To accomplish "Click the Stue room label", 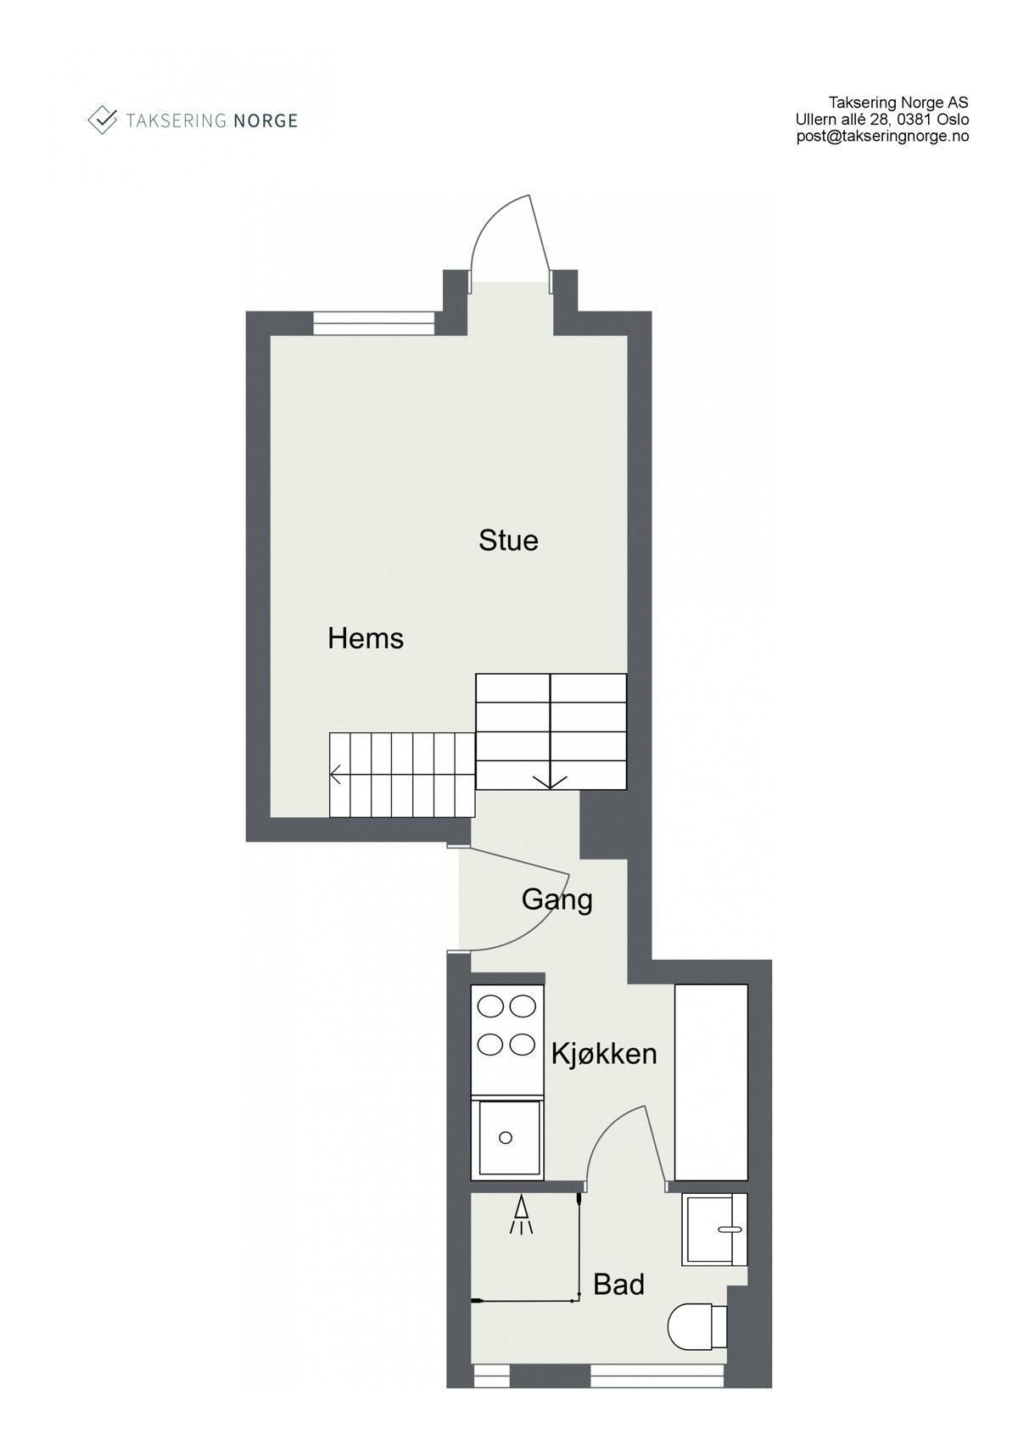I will click(x=508, y=541).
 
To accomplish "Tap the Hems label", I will click(x=366, y=638).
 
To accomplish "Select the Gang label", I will click(x=557, y=899).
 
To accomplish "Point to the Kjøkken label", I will click(x=604, y=1054).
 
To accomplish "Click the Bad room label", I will click(x=618, y=1285).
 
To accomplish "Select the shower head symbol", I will click(x=521, y=1216).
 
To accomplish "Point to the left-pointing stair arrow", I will click(x=337, y=774).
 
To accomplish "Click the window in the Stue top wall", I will click(x=373, y=323).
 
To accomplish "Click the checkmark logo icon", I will click(x=103, y=120).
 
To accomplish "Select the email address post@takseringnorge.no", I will click(x=882, y=136).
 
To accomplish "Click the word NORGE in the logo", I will click(x=265, y=120).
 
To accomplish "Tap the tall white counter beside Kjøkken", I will click(x=711, y=1082).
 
